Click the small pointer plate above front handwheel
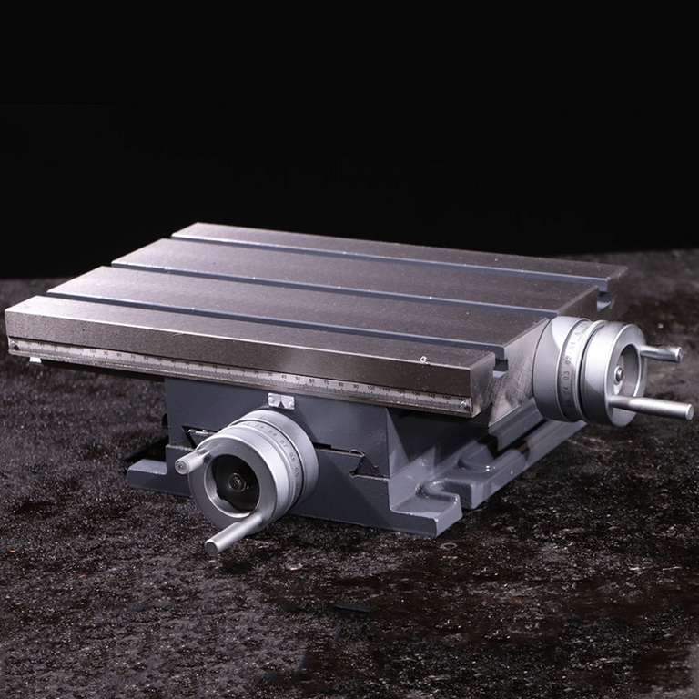281,400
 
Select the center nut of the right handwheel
619,372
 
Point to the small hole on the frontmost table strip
422,360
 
